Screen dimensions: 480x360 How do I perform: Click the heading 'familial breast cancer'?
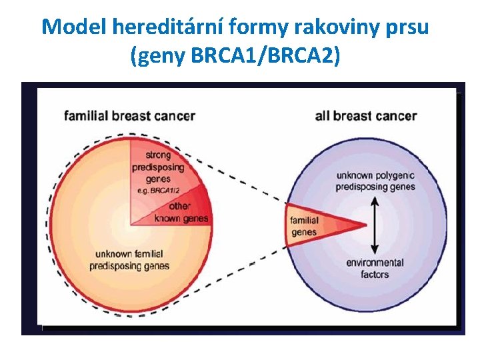[129, 116]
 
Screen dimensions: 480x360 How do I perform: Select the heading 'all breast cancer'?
[366, 116]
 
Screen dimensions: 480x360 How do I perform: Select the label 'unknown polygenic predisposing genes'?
[375, 181]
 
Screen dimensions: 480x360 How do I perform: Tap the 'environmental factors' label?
[375, 268]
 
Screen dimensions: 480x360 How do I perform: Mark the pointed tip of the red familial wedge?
[366, 225]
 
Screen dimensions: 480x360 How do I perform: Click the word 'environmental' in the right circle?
[375, 263]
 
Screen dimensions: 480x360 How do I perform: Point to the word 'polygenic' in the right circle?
[394, 175]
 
